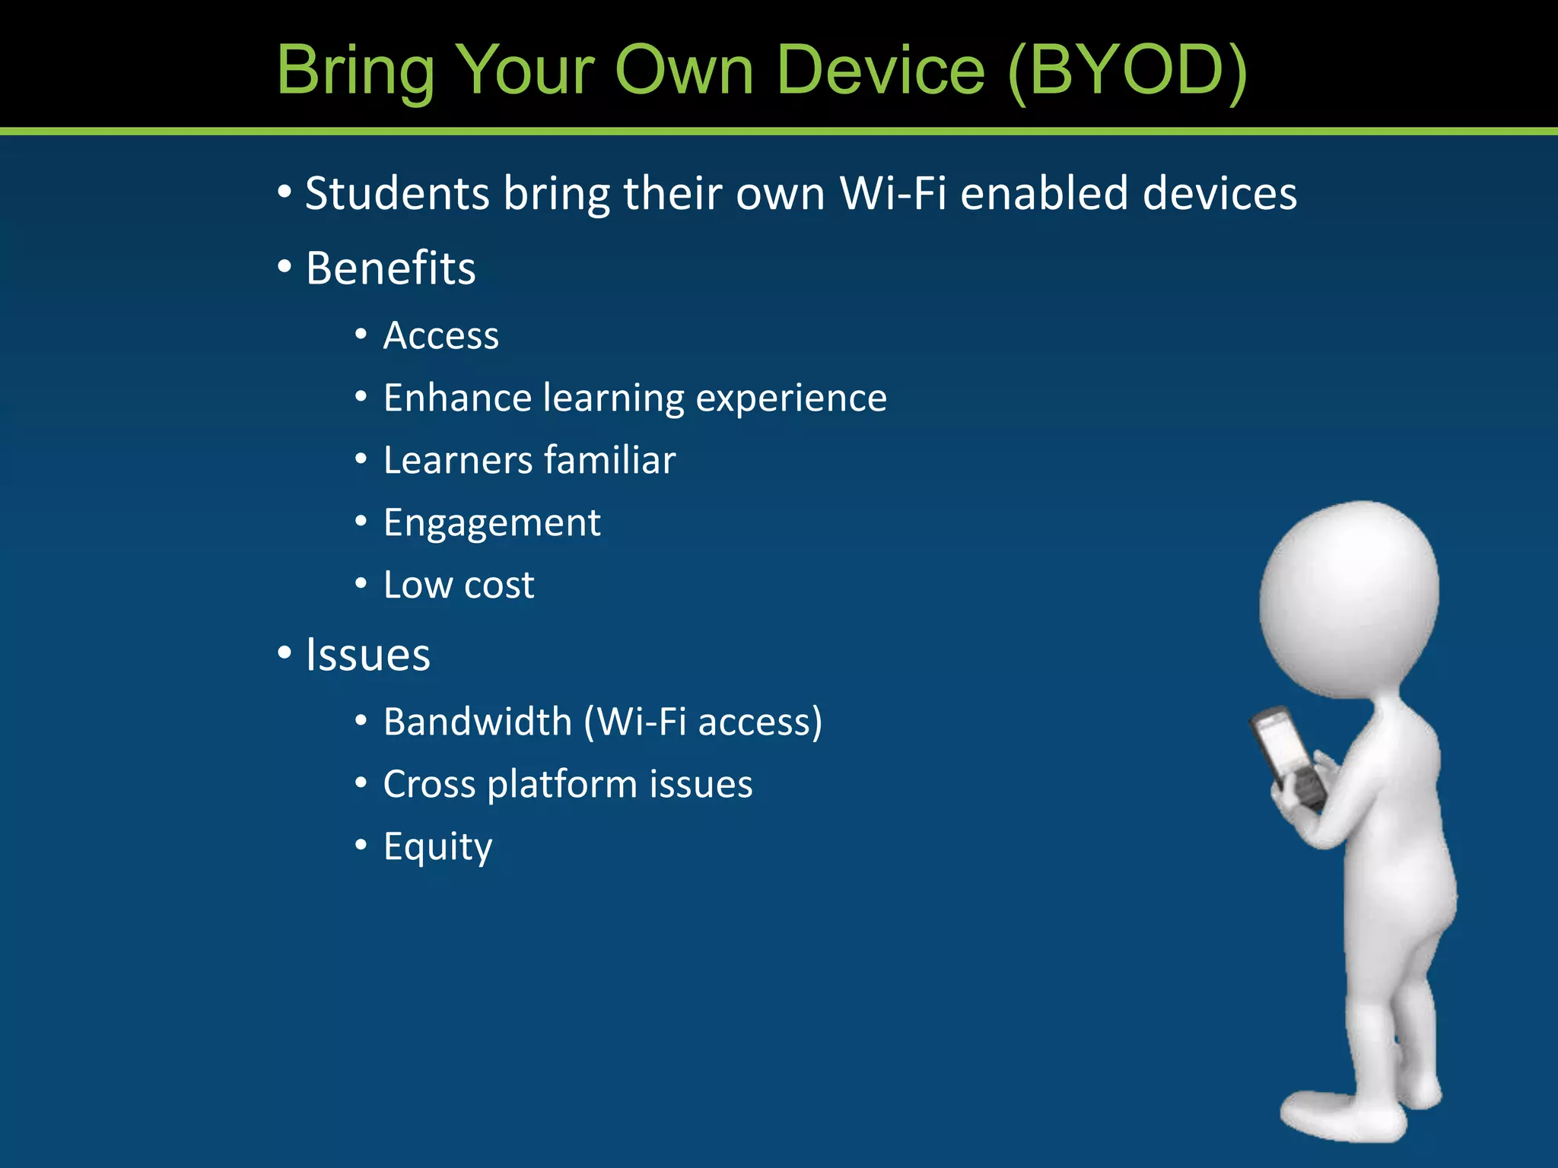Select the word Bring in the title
point(355,70)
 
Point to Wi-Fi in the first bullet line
point(893,193)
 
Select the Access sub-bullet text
point(441,335)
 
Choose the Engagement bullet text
point(492,523)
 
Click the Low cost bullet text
point(459,585)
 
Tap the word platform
point(562,784)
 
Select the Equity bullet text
point(437,846)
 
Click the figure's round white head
point(1349,597)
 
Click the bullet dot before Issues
point(285,652)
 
